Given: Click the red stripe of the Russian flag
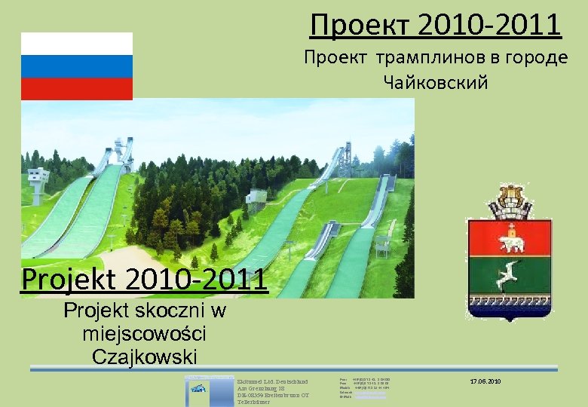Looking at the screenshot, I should click(76, 89).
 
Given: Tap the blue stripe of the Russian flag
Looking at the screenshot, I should click(76, 67).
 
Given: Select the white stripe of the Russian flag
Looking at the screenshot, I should click(76, 44).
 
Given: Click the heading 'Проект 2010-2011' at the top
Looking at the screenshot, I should click(436, 24).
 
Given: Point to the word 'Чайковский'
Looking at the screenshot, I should click(436, 82).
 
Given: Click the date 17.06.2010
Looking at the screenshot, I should click(485, 382).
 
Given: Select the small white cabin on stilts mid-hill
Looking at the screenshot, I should click(256, 199).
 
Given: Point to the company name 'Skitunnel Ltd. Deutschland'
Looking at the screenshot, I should click(268, 381).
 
